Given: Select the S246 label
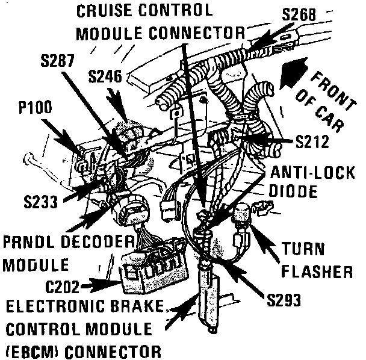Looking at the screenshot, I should tap(106, 77).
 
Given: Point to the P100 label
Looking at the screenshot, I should tap(35, 107).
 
